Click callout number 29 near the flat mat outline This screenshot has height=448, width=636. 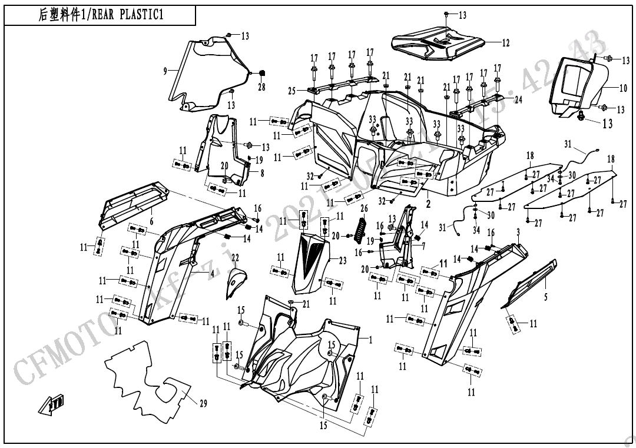pos(203,404)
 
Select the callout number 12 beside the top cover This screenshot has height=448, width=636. pos(506,43)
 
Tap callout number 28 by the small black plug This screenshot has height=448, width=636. pos(261,87)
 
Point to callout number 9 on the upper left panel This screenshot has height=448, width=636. pos(165,71)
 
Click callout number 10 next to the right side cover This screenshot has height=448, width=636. pos(623,88)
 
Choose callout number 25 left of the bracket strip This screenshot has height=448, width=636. pos(292,90)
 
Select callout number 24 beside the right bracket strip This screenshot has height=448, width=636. pos(518,99)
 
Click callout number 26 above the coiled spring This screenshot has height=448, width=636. pos(364,208)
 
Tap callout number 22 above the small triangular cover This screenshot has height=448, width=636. pos(235,258)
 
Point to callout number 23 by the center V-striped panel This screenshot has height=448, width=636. pos(343,261)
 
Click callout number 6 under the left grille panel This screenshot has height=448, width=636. pos(151,221)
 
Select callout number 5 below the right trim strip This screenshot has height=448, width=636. pos(545,298)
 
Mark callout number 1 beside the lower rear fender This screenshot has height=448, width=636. pos(370,340)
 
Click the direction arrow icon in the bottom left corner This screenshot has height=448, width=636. pos(49,405)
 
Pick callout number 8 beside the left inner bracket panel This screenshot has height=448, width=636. pos(263,174)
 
